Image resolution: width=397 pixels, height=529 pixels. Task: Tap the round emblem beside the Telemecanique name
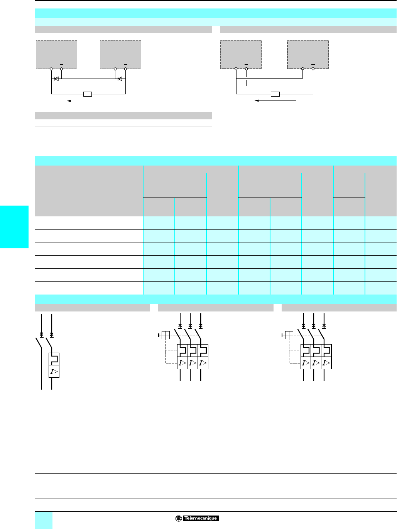tap(179, 518)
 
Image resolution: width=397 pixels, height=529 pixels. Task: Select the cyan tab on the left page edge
tap(14, 227)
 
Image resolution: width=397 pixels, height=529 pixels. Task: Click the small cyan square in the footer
tap(44, 520)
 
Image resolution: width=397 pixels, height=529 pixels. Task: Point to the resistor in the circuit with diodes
tap(88, 94)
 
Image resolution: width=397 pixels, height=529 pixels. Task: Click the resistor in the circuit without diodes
tap(275, 94)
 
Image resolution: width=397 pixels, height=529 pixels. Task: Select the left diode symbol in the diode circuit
tap(56, 79)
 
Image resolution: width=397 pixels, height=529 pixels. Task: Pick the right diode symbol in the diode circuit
tap(120, 79)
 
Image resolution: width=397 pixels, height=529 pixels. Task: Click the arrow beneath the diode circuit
tap(88, 101)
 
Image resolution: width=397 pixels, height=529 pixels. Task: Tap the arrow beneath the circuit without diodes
tap(275, 101)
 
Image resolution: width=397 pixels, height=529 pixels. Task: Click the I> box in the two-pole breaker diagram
tap(54, 372)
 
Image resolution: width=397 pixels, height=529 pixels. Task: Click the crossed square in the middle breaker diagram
tap(165, 335)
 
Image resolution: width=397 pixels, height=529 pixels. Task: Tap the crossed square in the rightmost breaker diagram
tap(289, 335)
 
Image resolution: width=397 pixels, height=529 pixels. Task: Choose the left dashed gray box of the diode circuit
tap(56, 55)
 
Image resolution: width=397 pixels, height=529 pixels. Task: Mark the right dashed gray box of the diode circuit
tap(120, 55)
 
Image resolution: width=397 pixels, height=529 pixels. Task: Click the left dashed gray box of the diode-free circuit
tap(241, 55)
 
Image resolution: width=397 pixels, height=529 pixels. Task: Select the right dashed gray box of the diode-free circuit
tap(308, 55)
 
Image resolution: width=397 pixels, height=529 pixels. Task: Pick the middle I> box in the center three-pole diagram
tap(193, 363)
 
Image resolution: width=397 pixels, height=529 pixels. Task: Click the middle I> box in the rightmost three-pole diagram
tap(316, 363)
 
